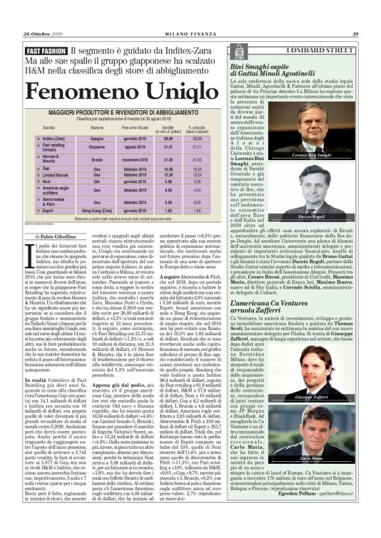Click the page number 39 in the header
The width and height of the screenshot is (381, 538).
pos(354,34)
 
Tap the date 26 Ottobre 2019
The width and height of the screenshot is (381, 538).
pos(42,34)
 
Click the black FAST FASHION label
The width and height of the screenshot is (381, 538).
pos(45,50)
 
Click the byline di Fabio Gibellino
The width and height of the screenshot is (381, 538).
pos(58,236)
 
